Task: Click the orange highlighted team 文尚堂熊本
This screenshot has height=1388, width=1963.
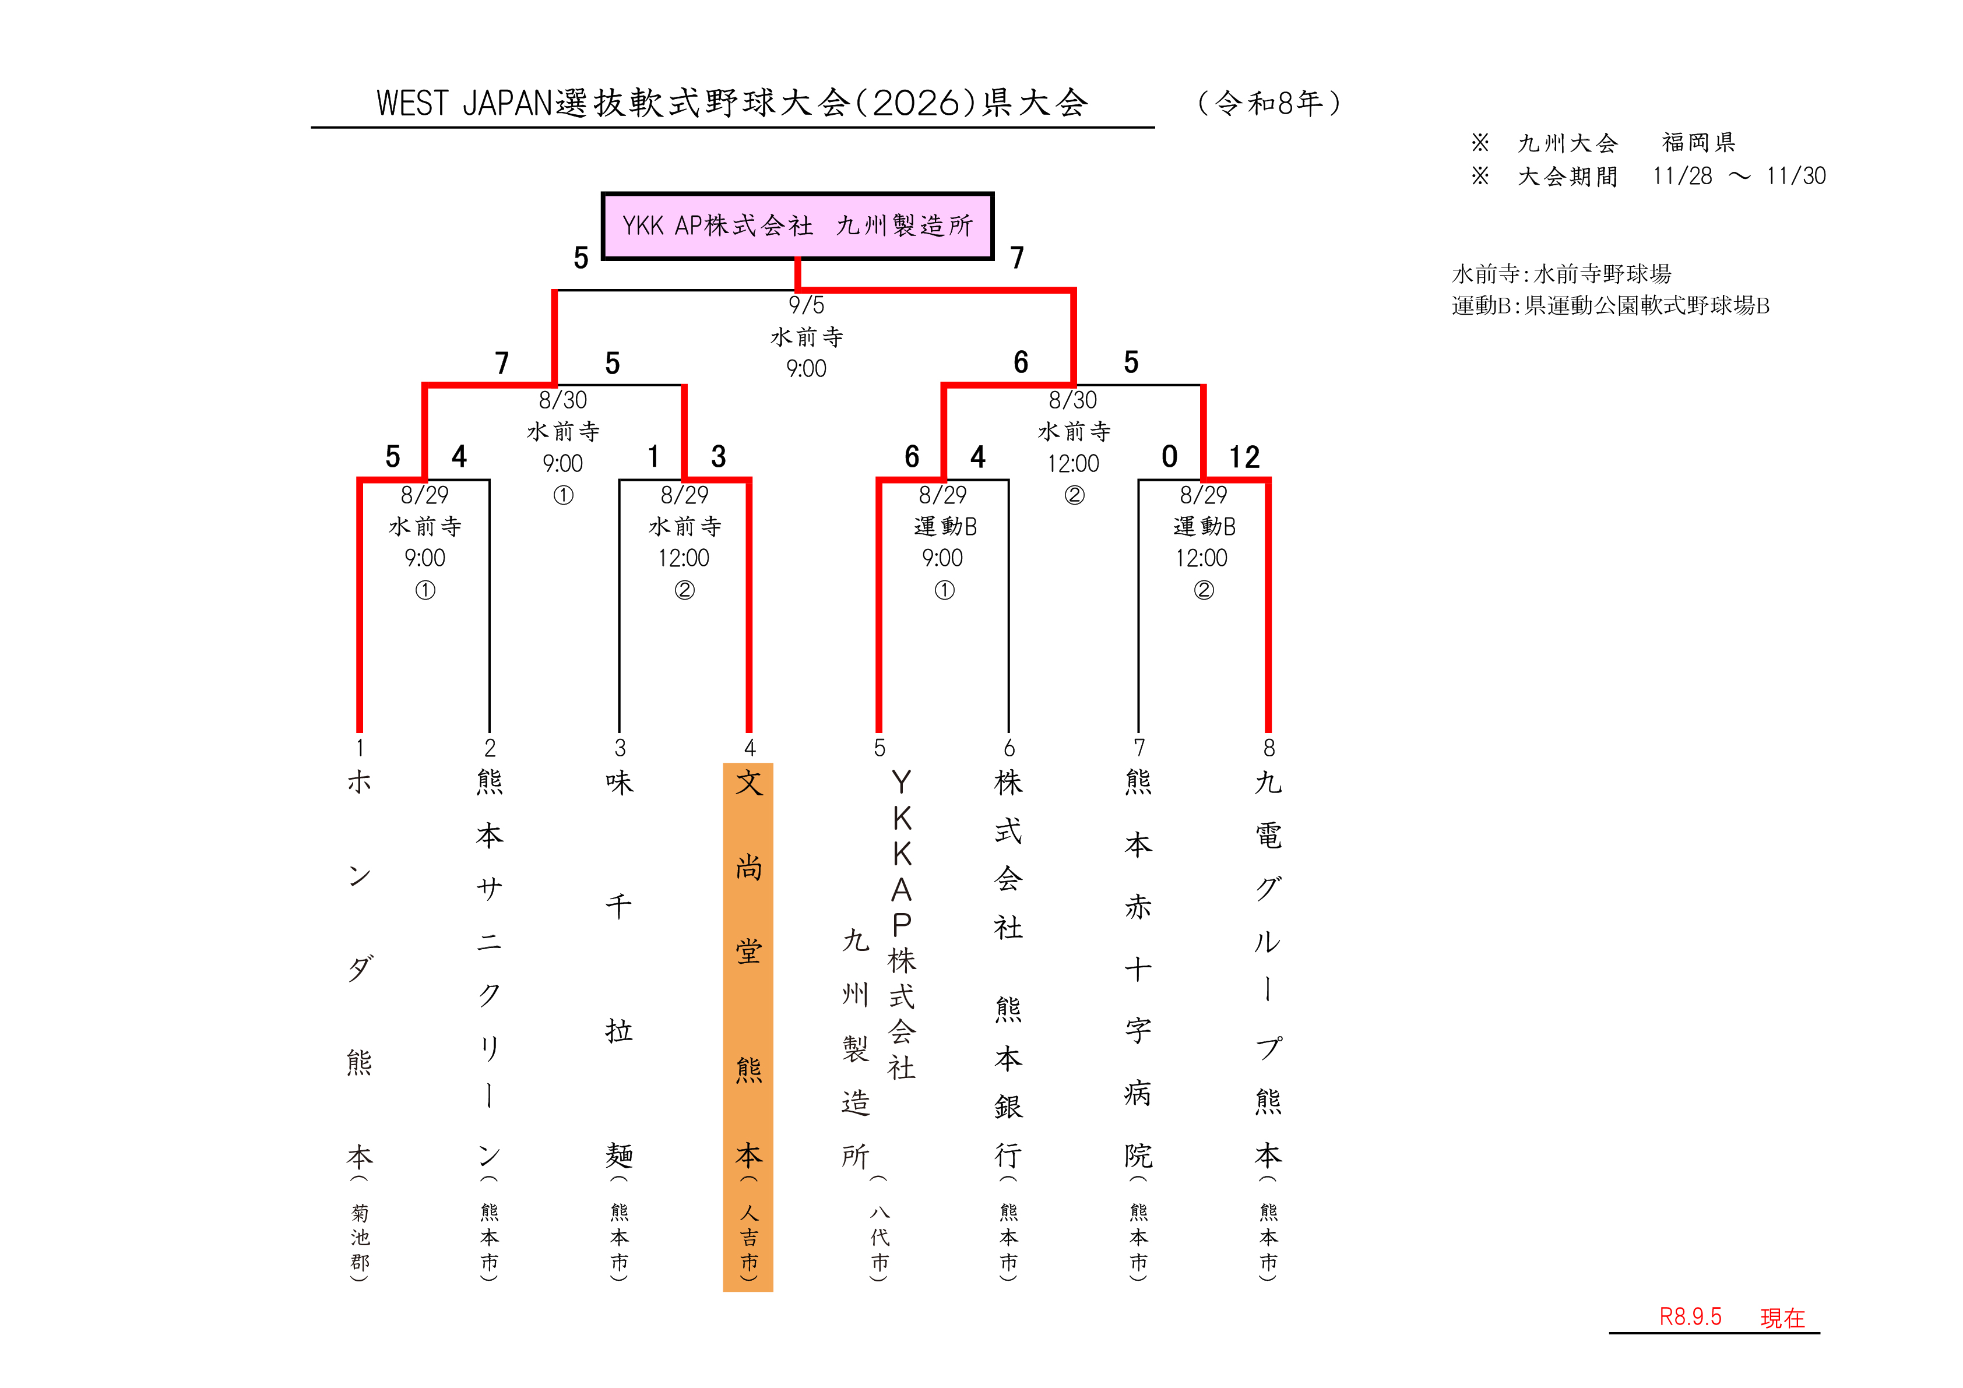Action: [x=748, y=1026]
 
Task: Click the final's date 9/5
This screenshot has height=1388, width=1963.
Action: [x=806, y=305]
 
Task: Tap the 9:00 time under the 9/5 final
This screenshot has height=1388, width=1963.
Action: [x=806, y=368]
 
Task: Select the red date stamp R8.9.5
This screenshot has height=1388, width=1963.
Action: [x=1690, y=1316]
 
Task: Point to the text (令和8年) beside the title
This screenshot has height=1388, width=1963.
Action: [x=1269, y=103]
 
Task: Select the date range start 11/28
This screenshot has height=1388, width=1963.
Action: [x=1683, y=176]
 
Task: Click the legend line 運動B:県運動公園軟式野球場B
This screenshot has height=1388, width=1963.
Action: [x=1611, y=305]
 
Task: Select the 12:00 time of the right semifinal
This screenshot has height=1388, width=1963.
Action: [x=1073, y=463]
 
